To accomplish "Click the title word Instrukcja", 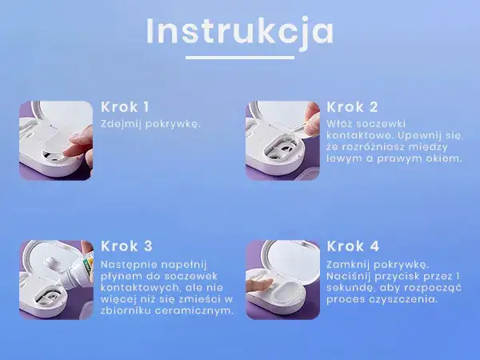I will pos(240,31).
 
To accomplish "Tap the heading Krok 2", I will pos(353,106).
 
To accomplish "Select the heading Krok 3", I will pos(126,246).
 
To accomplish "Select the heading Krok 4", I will pos(353,246).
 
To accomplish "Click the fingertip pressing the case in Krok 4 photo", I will pos(258,284).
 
